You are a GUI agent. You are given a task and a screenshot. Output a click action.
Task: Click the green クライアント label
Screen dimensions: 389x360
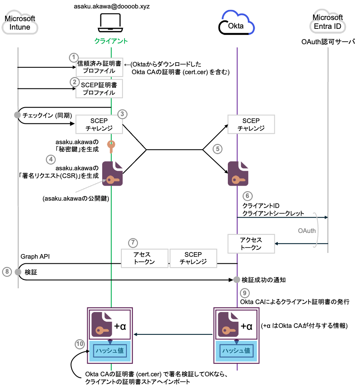point(111,41)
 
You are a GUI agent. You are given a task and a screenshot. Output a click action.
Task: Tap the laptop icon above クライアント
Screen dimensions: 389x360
point(111,22)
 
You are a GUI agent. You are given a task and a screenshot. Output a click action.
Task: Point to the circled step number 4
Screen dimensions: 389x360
point(51,160)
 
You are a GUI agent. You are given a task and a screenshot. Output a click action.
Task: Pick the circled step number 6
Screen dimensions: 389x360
point(248,196)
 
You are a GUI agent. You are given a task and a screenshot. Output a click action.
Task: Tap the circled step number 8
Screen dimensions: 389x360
point(7,272)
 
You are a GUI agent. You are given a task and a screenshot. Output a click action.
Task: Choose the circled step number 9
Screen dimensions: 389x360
point(245,293)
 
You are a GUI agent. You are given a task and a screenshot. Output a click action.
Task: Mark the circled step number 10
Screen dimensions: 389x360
point(80,344)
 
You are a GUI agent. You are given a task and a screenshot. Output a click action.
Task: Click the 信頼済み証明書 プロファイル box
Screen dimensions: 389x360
point(99,67)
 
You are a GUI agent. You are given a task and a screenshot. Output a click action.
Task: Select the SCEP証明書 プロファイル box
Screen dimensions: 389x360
point(99,89)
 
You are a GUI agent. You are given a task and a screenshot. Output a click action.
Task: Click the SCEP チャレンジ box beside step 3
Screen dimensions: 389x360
point(99,125)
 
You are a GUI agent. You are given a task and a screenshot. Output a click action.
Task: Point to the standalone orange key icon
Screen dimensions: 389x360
point(111,146)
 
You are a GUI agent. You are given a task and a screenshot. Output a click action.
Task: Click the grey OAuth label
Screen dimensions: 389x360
point(307,231)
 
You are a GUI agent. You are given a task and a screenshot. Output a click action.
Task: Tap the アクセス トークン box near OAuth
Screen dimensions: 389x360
point(251,244)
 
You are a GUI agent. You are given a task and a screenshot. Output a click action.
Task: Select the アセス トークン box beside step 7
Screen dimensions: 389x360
point(145,258)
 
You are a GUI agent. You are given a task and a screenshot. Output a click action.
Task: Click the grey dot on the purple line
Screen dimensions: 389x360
point(237,279)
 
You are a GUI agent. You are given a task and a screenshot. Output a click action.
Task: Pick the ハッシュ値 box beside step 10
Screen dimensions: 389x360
point(110,351)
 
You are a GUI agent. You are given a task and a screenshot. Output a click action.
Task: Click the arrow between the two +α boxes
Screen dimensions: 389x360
point(173,334)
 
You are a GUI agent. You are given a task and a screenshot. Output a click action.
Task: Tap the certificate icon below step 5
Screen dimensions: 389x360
point(238,173)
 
